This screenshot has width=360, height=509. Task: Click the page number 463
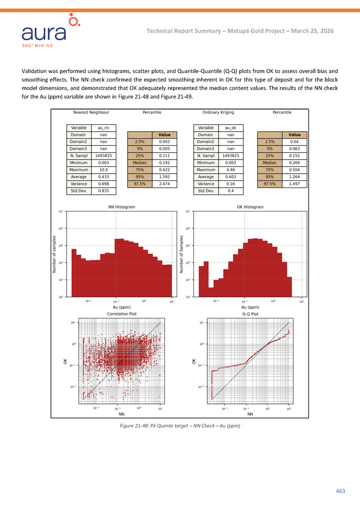click(340, 491)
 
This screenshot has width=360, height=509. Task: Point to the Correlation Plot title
click(122, 313)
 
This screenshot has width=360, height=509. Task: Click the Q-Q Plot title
click(250, 313)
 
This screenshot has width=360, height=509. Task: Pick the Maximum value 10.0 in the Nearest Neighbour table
click(103, 169)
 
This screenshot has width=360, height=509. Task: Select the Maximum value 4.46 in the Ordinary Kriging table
click(231, 169)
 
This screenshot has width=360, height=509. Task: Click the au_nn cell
click(103, 128)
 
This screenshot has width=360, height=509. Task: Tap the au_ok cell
click(231, 128)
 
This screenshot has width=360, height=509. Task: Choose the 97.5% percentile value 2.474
click(164, 183)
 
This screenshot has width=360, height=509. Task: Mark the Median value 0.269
click(294, 162)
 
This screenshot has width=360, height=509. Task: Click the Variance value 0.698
click(103, 183)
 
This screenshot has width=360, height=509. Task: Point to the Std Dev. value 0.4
click(231, 191)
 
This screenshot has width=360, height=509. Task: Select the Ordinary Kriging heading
click(218, 113)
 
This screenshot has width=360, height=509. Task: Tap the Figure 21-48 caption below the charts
click(180, 425)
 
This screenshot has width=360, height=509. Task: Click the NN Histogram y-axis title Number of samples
click(55, 255)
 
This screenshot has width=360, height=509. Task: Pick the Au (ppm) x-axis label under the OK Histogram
click(250, 307)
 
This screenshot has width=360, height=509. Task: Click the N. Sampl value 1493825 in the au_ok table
click(231, 156)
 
